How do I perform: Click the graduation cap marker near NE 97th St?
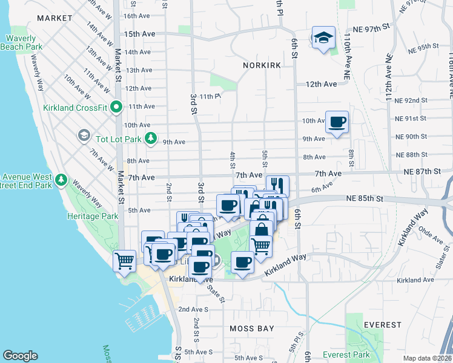(x=323, y=38)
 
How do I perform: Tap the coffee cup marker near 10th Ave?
(x=337, y=123)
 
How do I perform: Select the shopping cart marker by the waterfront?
(x=125, y=262)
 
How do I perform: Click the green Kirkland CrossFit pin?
(x=117, y=108)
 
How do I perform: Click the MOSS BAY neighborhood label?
(x=251, y=329)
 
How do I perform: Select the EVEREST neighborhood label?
(x=382, y=325)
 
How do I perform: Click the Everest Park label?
(x=346, y=355)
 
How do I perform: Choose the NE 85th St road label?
(x=366, y=198)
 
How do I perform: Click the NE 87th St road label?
(x=423, y=171)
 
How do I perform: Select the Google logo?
(x=20, y=356)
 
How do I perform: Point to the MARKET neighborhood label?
(x=55, y=18)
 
